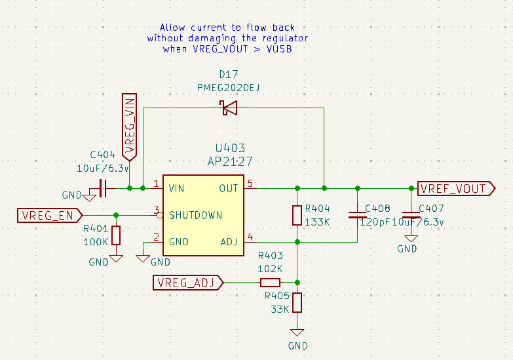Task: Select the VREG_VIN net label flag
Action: (x=130, y=127)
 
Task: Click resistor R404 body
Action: (x=297, y=215)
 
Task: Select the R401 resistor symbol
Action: (x=116, y=235)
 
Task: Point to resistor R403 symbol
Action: (x=270, y=283)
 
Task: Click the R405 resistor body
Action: (x=297, y=302)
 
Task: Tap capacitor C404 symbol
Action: (x=102, y=188)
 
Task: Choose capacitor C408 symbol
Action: (x=358, y=214)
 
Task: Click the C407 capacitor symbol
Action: (x=411, y=214)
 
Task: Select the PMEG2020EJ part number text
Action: (x=228, y=88)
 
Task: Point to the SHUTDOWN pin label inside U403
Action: (x=195, y=215)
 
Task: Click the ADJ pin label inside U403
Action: (x=229, y=242)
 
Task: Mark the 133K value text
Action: (x=318, y=222)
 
